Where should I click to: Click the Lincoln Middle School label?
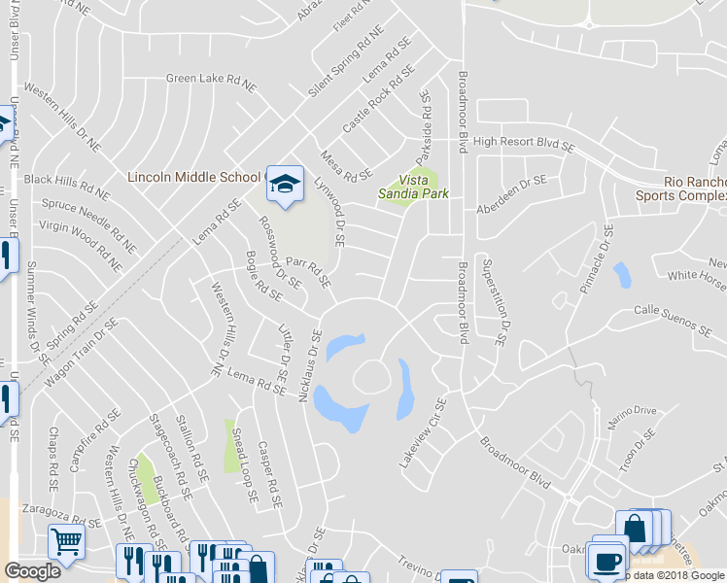tap(194, 177)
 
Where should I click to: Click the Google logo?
tap(32, 570)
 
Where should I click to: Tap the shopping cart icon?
tap(66, 541)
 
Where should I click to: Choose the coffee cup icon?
tap(607, 561)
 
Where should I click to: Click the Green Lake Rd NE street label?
tap(210, 82)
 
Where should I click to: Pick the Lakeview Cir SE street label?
tap(422, 432)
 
